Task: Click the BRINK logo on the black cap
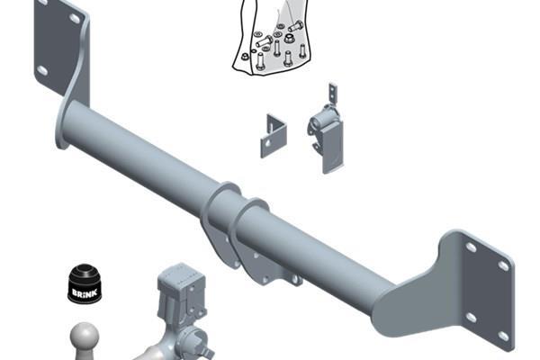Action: tap(85, 292)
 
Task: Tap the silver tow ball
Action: tap(85, 337)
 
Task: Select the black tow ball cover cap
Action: tap(85, 283)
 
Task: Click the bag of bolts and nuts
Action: tap(270, 37)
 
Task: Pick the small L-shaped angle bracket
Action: tap(274, 136)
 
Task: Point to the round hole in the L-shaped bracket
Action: tap(268, 142)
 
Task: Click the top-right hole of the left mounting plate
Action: tap(75, 18)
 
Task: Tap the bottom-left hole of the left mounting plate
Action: tap(42, 70)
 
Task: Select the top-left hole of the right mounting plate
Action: tap(471, 247)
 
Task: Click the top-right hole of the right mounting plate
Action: tap(503, 265)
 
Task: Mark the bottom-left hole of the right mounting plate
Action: tap(471, 318)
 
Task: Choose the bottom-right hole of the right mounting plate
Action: tap(503, 337)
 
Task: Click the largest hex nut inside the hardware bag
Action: tap(289, 38)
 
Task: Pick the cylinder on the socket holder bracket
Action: tap(322, 120)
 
